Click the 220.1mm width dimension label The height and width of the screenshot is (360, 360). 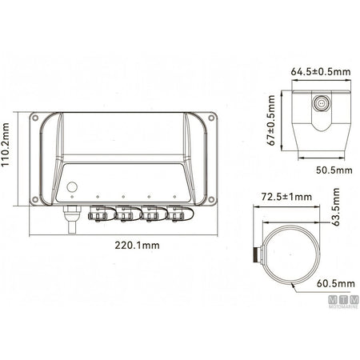137,245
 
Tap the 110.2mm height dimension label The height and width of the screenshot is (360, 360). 5,144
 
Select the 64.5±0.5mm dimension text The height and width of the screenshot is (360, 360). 321,72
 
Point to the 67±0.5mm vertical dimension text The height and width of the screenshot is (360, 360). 271,120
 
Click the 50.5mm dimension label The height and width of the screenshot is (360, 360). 334,170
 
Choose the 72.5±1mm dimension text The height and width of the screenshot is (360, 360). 286,197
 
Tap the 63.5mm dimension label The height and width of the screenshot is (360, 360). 336,207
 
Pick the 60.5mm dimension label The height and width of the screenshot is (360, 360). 336,283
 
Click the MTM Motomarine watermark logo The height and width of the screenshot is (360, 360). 343,302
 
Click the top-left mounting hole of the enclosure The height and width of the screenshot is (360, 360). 34,118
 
